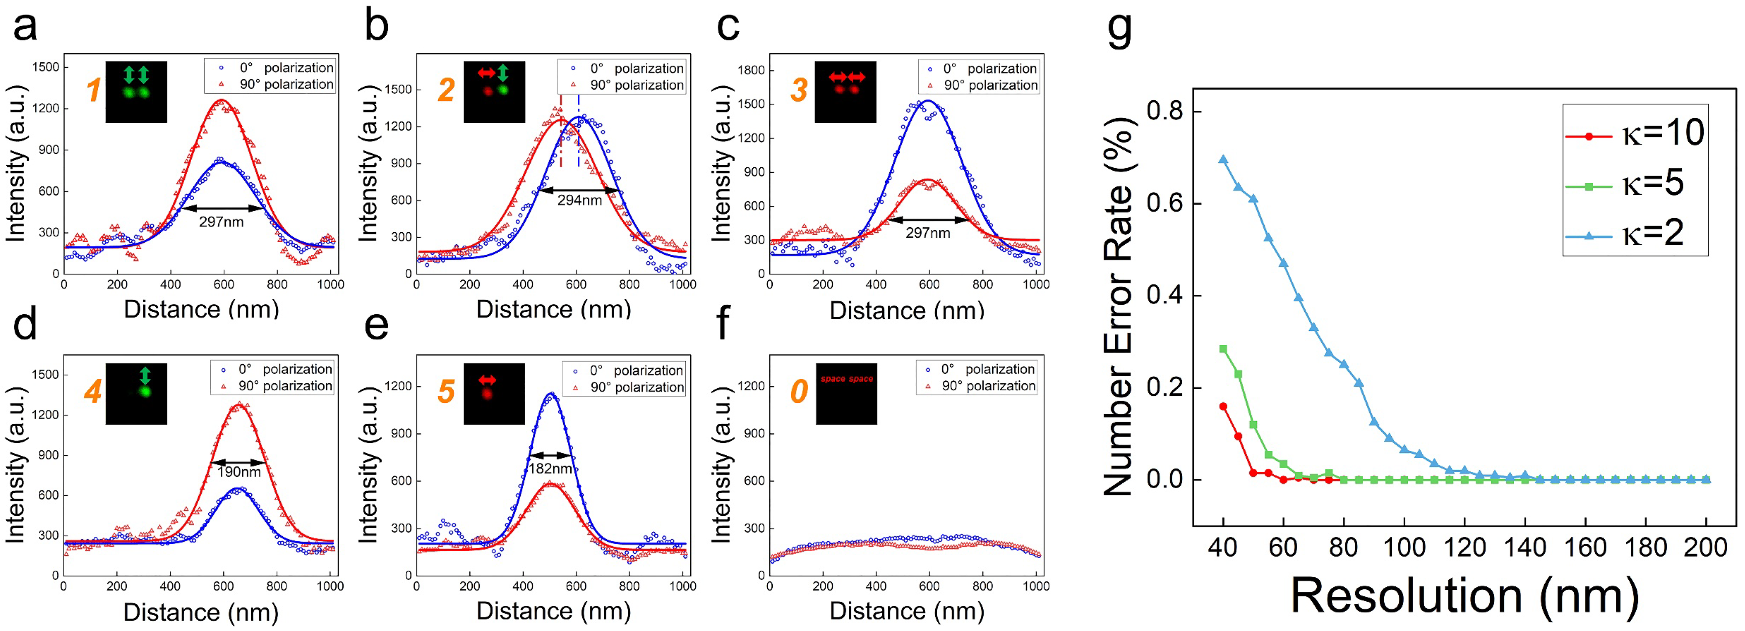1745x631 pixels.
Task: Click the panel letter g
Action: coord(1119,30)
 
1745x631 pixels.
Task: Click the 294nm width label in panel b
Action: coord(579,200)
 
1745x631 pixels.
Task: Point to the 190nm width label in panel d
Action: coord(238,472)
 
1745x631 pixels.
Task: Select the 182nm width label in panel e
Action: coord(550,469)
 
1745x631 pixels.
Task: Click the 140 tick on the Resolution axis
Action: coord(1525,547)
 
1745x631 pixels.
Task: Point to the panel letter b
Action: coord(377,27)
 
